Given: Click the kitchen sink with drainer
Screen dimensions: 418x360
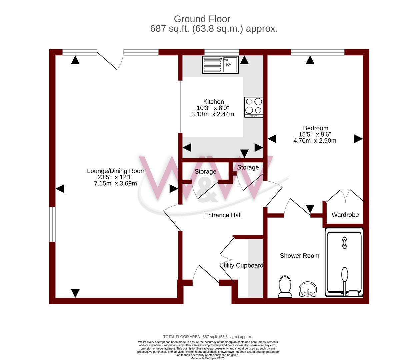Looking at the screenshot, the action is click(220, 65).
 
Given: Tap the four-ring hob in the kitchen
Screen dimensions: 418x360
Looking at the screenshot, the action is click(254, 107).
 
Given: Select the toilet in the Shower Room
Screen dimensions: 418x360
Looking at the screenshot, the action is click(285, 286).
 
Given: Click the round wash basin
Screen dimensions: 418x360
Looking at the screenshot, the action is click(308, 289).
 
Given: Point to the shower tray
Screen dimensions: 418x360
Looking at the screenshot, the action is click(344, 262).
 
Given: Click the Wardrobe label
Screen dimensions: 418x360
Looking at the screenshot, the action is click(345, 215).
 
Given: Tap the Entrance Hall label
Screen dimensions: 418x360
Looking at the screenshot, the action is click(223, 215).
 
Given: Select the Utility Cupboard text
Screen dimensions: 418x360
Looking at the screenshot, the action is click(241, 265).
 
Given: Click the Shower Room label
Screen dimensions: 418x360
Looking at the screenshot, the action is click(299, 256).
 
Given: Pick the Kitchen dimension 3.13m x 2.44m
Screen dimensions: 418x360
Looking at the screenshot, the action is click(213, 114).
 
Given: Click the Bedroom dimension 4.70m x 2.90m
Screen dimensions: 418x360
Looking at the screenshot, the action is click(315, 141).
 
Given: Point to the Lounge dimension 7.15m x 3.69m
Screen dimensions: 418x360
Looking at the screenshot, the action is click(115, 183).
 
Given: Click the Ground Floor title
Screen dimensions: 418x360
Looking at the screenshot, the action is click(202, 19).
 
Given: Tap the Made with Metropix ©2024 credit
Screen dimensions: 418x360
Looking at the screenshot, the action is click(208, 358).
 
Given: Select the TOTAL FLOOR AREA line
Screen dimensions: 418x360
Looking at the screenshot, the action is click(208, 337).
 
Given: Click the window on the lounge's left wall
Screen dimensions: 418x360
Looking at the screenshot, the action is click(52, 224).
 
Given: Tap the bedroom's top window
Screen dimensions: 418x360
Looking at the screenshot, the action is click(317, 52).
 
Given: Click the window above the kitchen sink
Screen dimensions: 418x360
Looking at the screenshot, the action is click(222, 52).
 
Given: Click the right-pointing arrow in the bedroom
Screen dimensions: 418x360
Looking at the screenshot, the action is click(358, 139).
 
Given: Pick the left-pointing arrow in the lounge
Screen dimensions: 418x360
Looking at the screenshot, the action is click(60, 189).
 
